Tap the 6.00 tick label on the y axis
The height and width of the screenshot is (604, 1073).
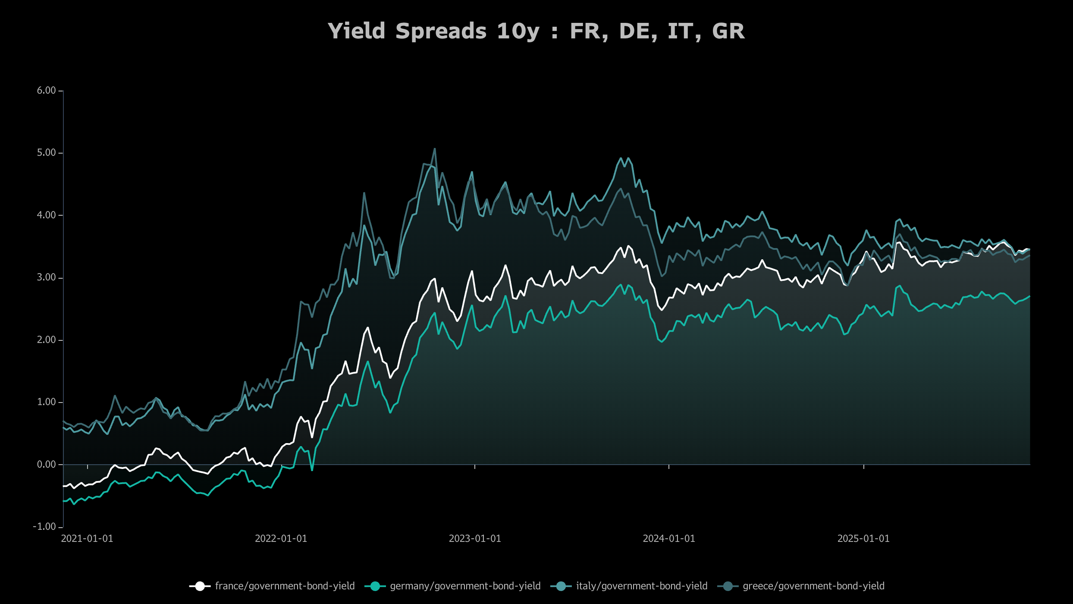pyautogui.click(x=46, y=91)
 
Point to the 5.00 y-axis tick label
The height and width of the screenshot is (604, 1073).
pyautogui.click(x=46, y=153)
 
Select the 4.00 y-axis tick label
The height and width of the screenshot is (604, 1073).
pyautogui.click(x=46, y=215)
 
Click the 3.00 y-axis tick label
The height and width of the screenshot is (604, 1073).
pyautogui.click(x=46, y=277)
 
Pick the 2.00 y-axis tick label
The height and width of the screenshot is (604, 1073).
pyautogui.click(x=46, y=340)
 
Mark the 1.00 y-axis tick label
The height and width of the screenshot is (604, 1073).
pyautogui.click(x=46, y=402)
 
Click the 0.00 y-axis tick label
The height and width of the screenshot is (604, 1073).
pyautogui.click(x=46, y=465)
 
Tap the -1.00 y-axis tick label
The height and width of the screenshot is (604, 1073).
pyautogui.click(x=44, y=527)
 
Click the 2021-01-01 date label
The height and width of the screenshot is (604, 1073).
pyautogui.click(x=87, y=538)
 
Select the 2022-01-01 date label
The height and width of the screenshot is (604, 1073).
pyautogui.click(x=281, y=538)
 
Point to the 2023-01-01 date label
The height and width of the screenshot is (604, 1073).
pyautogui.click(x=475, y=538)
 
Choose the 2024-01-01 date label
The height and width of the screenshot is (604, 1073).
pyautogui.click(x=669, y=538)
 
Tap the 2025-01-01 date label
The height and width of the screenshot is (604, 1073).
pyautogui.click(x=863, y=538)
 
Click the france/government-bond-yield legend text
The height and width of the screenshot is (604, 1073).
pyautogui.click(x=285, y=586)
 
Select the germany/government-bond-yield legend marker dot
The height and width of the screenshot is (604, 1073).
pyautogui.click(x=375, y=586)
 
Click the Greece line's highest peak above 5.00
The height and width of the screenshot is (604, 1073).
pyautogui.click(x=434, y=149)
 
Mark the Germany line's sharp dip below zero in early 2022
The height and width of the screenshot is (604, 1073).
pyautogui.click(x=312, y=469)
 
